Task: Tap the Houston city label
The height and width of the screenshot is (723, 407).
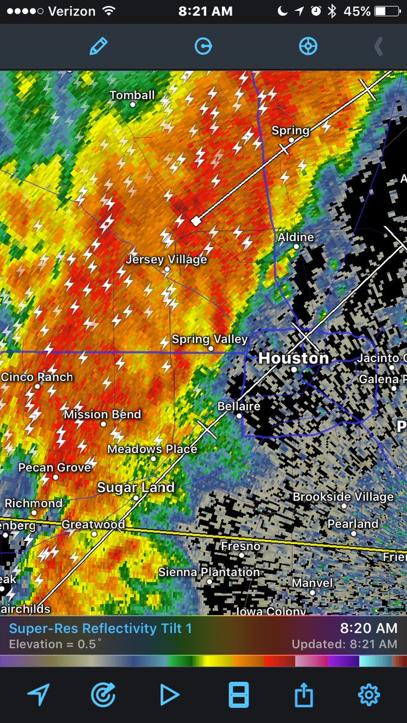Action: pyautogui.click(x=294, y=358)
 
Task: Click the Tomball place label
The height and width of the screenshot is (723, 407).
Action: pyautogui.click(x=132, y=95)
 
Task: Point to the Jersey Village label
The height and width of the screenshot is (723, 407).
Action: pyautogui.click(x=166, y=260)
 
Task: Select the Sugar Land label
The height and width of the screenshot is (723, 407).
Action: pyautogui.click(x=136, y=487)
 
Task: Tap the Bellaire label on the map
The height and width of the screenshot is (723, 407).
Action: pyautogui.click(x=239, y=406)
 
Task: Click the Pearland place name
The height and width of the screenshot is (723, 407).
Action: pyautogui.click(x=353, y=524)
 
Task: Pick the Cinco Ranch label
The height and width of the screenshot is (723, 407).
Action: pyautogui.click(x=37, y=377)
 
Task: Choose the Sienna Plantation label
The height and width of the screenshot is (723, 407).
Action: pyautogui.click(x=209, y=572)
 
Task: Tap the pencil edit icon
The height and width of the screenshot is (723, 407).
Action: pyautogui.click(x=98, y=46)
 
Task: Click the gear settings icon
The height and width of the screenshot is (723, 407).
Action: pyautogui.click(x=368, y=695)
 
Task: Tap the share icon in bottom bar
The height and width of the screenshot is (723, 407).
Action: pyautogui.click(x=304, y=695)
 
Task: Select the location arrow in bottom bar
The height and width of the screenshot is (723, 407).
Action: pyautogui.click(x=38, y=695)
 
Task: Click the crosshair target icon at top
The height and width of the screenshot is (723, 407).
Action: pyautogui.click(x=308, y=46)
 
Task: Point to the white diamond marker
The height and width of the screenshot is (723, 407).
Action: pyautogui.click(x=196, y=221)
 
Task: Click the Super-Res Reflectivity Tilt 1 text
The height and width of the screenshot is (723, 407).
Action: pyautogui.click(x=100, y=628)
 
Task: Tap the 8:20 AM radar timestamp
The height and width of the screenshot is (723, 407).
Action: pyautogui.click(x=368, y=628)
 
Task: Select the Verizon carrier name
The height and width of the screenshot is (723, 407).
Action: pyautogui.click(x=72, y=11)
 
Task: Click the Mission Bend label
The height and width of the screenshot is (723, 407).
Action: pyautogui.click(x=103, y=415)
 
